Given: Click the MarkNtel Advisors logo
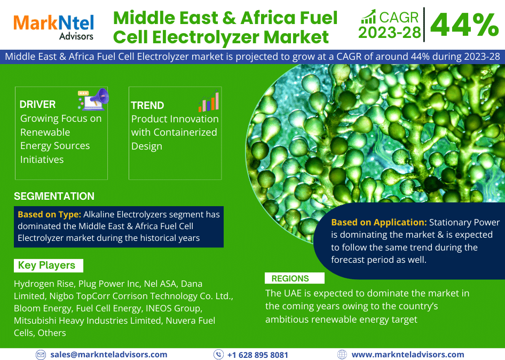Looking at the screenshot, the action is pyautogui.click(x=53, y=27).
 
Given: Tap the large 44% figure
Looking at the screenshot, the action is pyautogui.click(x=464, y=25).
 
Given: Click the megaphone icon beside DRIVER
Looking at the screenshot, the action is pyautogui.click(x=93, y=99).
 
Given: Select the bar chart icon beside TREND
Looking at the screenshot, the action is pyautogui.click(x=209, y=101).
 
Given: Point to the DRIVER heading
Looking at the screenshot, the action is pyautogui.click(x=37, y=105).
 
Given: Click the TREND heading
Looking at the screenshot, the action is pyautogui.click(x=147, y=105).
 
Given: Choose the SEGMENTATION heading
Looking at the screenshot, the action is pyautogui.click(x=54, y=196).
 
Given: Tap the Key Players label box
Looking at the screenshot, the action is pyautogui.click(x=48, y=265).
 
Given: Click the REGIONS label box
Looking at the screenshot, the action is pyautogui.click(x=294, y=278).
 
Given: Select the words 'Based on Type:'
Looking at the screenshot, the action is pyautogui.click(x=49, y=214).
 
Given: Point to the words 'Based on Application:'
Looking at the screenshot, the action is pyautogui.click(x=379, y=222).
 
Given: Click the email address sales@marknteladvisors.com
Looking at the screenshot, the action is pyautogui.click(x=109, y=355).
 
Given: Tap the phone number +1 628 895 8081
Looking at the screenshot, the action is pyautogui.click(x=258, y=355).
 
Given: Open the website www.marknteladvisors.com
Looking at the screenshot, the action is pyautogui.click(x=408, y=355).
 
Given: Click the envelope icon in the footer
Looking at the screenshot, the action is pyautogui.click(x=41, y=355).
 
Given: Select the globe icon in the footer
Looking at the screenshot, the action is pyautogui.click(x=342, y=355).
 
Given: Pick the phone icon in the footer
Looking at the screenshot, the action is pyautogui.click(x=218, y=355).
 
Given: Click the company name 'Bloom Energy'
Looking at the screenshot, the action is pyautogui.click(x=43, y=308).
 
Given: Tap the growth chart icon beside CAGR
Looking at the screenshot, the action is pyautogui.click(x=368, y=17).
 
